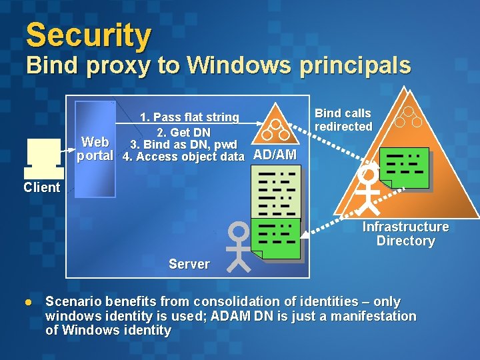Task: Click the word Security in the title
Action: (x=89, y=36)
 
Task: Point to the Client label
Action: (x=41, y=187)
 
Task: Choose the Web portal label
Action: (x=95, y=149)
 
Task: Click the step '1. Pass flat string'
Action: (x=189, y=117)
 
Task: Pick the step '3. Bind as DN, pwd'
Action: (x=184, y=145)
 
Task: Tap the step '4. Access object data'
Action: (x=184, y=157)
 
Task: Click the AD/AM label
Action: (x=275, y=155)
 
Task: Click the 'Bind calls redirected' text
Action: (x=343, y=120)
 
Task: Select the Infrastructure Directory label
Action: (x=405, y=234)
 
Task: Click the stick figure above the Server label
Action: (x=239, y=246)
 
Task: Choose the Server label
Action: (x=189, y=264)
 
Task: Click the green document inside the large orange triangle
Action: (x=404, y=167)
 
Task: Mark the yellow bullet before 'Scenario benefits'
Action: (x=28, y=301)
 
